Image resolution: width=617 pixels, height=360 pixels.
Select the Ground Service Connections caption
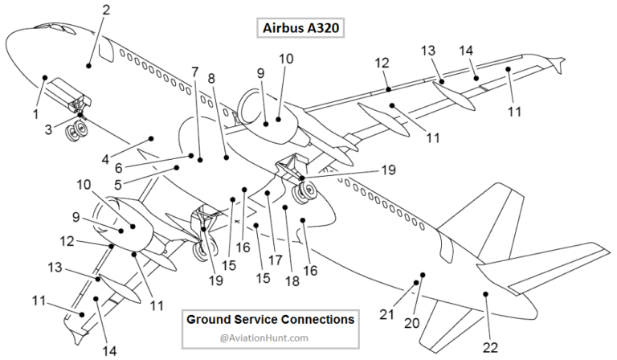tap(270, 319)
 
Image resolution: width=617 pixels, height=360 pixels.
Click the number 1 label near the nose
tap(35, 114)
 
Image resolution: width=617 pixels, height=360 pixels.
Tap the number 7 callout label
tap(194, 72)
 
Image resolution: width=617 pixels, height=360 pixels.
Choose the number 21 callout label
tap(386, 313)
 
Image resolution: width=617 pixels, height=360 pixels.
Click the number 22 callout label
tap(490, 347)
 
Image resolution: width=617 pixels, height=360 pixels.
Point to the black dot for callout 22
tap(485, 295)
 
